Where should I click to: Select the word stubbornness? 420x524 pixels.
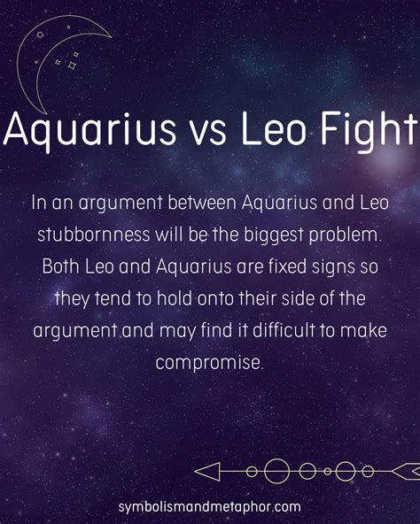(93, 235)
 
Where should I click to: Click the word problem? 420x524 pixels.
(345, 235)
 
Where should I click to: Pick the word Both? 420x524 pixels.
(61, 266)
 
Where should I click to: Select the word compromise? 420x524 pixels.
(208, 363)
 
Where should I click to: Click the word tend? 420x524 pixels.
(113, 298)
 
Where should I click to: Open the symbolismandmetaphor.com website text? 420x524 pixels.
(209, 506)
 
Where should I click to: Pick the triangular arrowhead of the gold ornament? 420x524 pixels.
(207, 472)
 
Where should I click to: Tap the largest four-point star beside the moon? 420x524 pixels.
(72, 65)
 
